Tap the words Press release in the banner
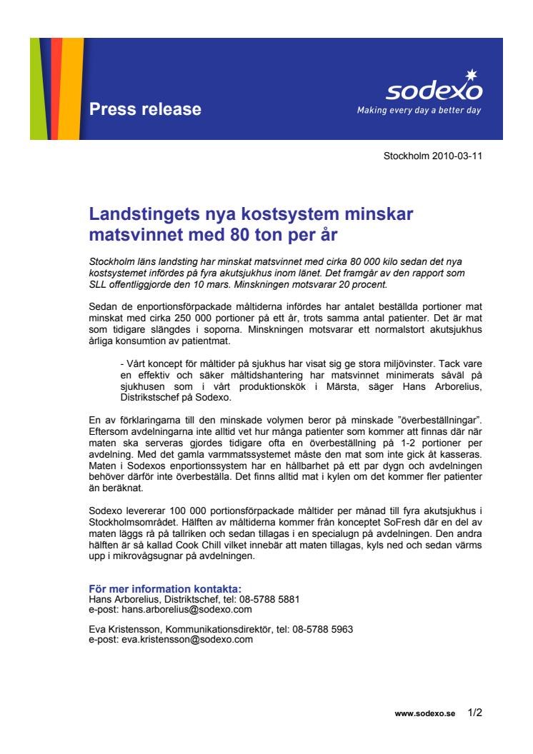[145, 109]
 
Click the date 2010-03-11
[457, 156]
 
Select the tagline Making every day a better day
[419, 111]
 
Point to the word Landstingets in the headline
[147, 214]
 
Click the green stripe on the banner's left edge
[39, 89]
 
